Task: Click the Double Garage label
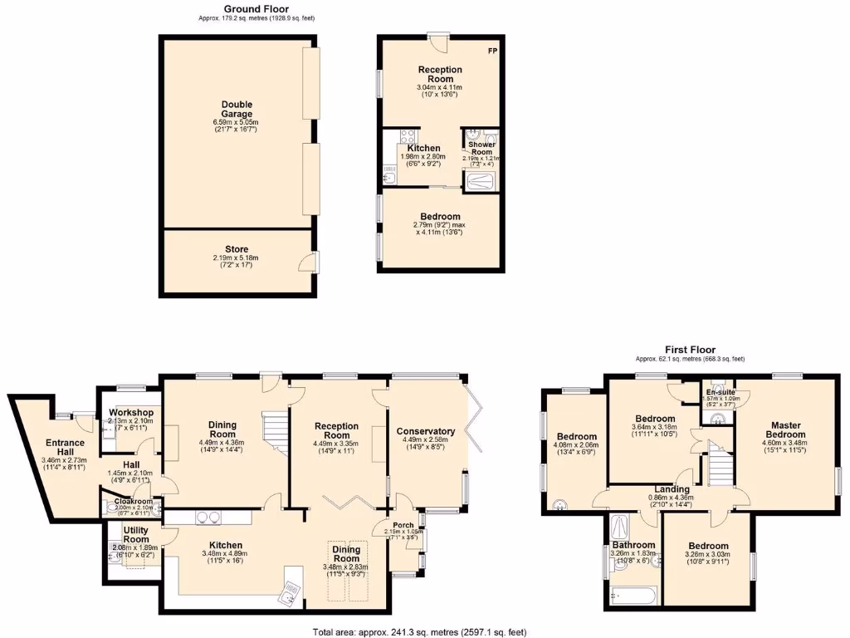237,109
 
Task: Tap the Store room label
237,249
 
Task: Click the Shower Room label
481,148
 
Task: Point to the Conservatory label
426,431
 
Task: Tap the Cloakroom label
133,502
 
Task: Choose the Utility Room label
136,534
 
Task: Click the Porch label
403,525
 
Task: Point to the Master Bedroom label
785,429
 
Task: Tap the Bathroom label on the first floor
633,545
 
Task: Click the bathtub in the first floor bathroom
633,595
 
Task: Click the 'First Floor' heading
690,350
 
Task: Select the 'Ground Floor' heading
256,8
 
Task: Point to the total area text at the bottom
418,631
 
